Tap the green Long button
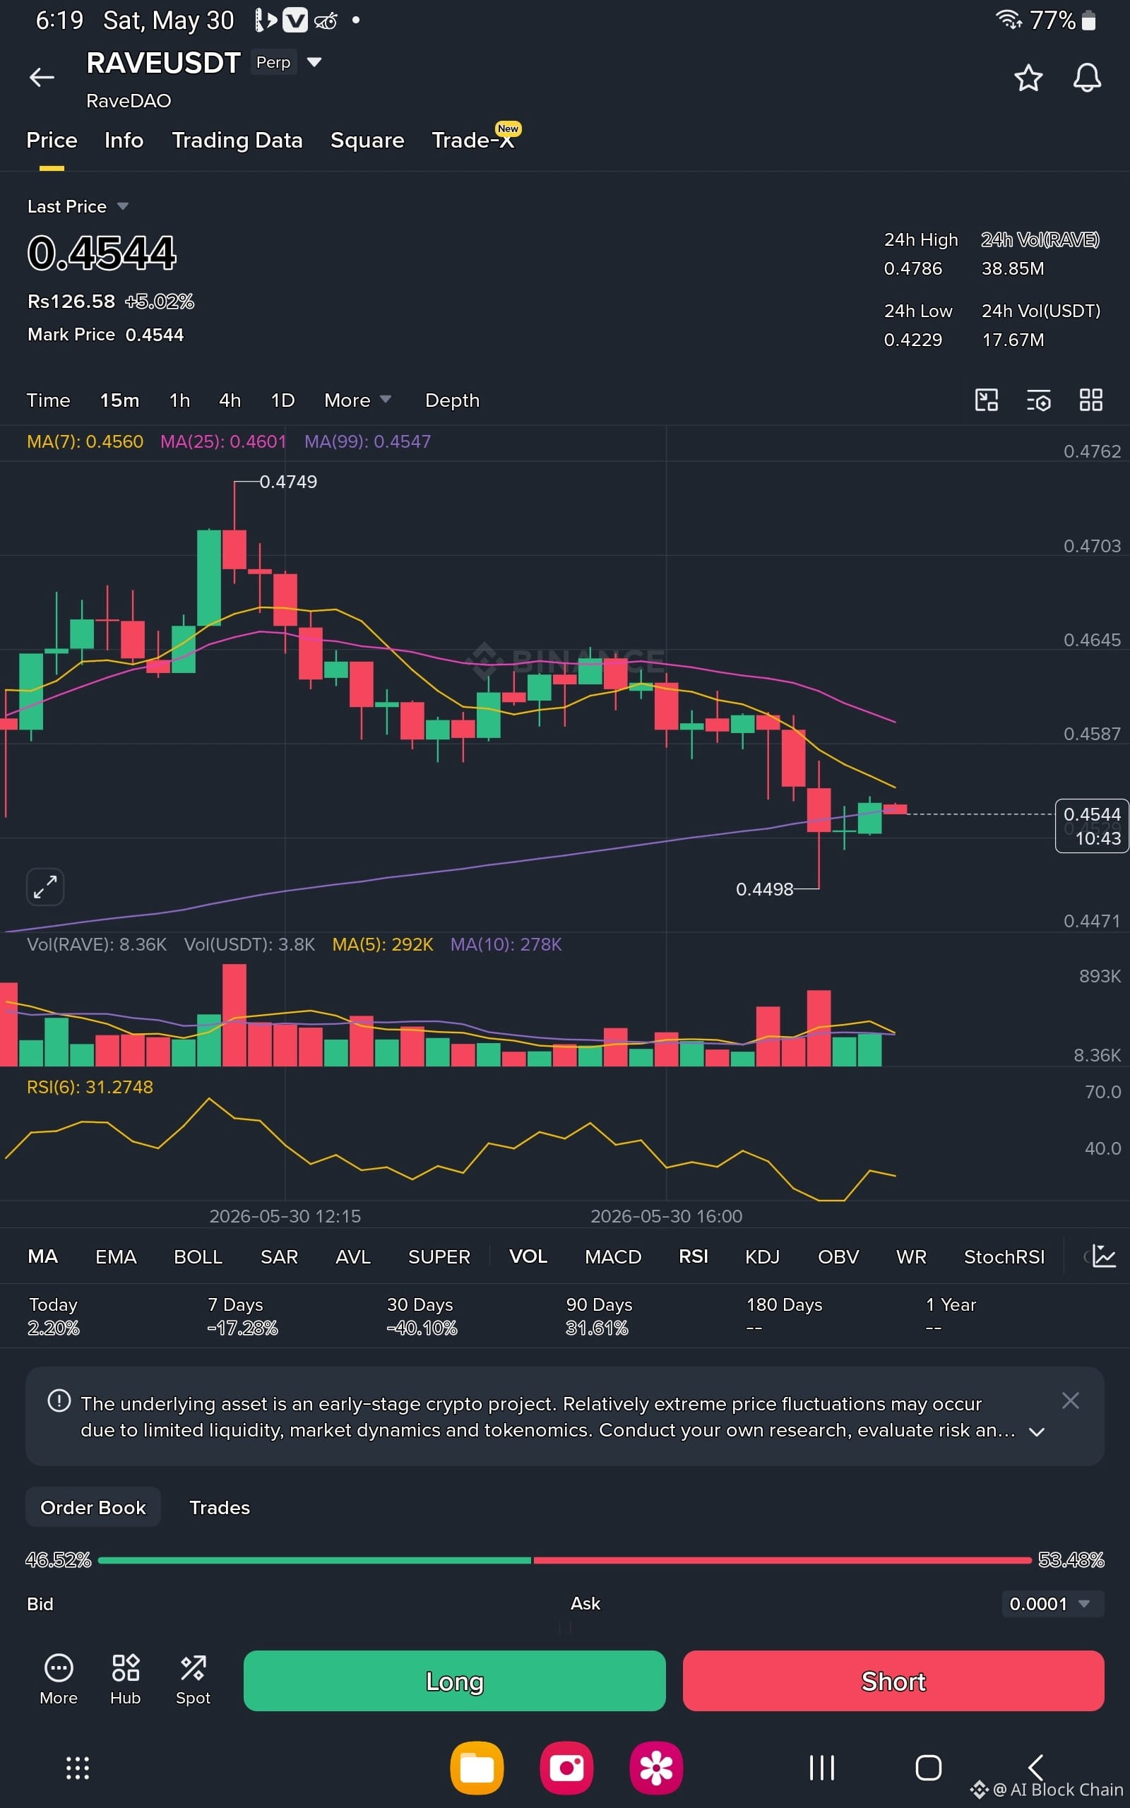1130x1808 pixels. pyautogui.click(x=454, y=1680)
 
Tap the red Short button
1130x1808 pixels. pyautogui.click(x=893, y=1680)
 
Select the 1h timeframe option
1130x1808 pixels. pyautogui.click(x=179, y=400)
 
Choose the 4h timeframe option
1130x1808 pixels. pyautogui.click(x=230, y=400)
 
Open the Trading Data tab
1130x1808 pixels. pyautogui.click(x=237, y=141)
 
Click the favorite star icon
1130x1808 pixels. pyautogui.click(x=1028, y=78)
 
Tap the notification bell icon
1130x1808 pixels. pyautogui.click(x=1087, y=78)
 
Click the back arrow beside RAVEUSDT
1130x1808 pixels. pyautogui.click(x=42, y=77)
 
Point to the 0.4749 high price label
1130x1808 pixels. pyautogui.click(x=287, y=482)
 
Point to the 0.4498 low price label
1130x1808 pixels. pyautogui.click(x=765, y=889)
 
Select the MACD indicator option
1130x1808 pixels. pyautogui.click(x=613, y=1256)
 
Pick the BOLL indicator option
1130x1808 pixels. pyautogui.click(x=198, y=1256)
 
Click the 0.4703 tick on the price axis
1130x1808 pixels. pyautogui.click(x=1092, y=546)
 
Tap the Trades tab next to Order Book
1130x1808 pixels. pyautogui.click(x=220, y=1508)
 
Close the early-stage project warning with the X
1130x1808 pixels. pyautogui.click(x=1070, y=1400)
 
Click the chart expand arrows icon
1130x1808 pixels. pyautogui.click(x=44, y=887)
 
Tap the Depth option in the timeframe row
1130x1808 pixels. pyautogui.click(x=452, y=400)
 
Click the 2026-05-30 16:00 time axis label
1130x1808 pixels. pyautogui.click(x=667, y=1216)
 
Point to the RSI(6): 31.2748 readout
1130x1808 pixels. pyautogui.click(x=90, y=1087)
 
